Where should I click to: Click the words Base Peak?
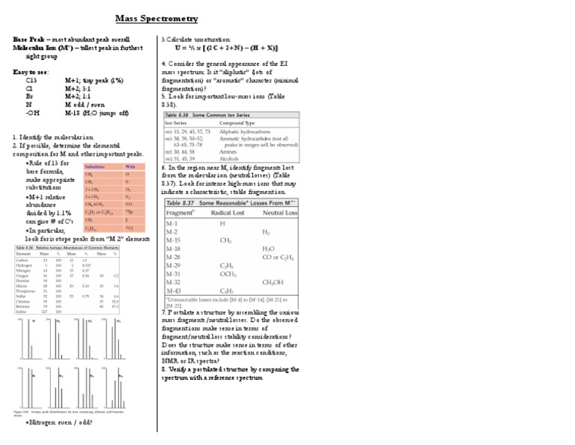pos(28,38)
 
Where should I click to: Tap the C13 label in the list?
pos(31,79)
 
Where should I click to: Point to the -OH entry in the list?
pos(32,113)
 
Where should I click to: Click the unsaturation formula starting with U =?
pos(238,48)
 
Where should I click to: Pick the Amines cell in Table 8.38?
pos(228,151)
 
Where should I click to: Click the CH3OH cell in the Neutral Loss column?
pos(273,282)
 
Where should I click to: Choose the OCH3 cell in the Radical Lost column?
pos(228,273)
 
